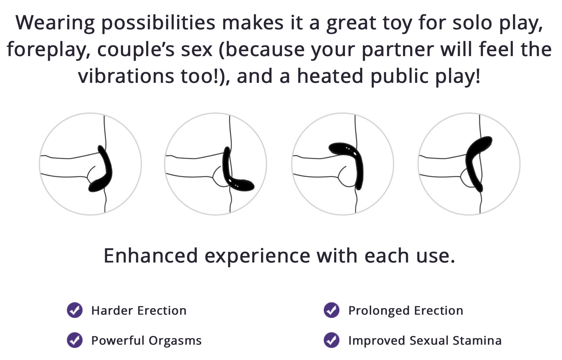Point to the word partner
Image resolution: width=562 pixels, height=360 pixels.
pos(398,50)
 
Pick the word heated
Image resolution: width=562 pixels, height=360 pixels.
pos(330,76)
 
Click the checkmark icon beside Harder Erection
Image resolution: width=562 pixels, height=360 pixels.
pos(75,310)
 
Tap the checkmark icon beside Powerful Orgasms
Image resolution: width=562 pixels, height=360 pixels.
pos(75,340)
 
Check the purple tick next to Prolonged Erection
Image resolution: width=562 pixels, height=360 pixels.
pos(332,310)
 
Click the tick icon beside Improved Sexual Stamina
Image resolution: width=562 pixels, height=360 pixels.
pos(332,340)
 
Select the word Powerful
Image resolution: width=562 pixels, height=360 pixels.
pos(118,340)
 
